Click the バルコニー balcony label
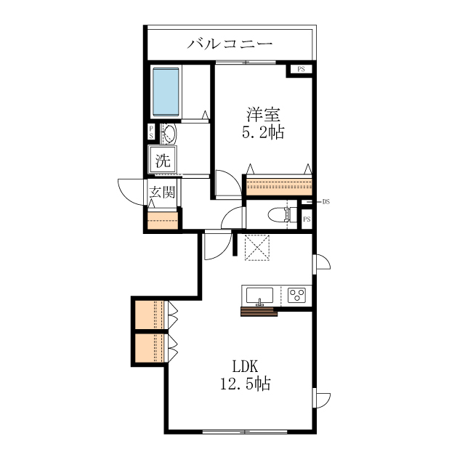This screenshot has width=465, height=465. tap(230, 44)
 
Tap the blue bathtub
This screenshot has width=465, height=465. tap(166, 92)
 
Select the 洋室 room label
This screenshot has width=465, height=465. tap(263, 115)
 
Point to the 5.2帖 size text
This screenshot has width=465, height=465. tap(263, 132)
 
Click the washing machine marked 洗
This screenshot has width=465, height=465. tap(163, 160)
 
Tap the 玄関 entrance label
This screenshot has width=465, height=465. tap(162, 192)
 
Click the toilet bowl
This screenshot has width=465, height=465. tap(279, 215)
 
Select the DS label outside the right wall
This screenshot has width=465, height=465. tap(326, 202)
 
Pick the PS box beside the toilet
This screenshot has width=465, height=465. tap(307, 219)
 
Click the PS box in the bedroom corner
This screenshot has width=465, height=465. tap(301, 70)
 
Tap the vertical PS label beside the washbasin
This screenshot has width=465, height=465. tap(151, 132)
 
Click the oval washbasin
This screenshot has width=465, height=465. tap(170, 134)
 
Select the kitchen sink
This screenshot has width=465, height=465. tap(260, 296)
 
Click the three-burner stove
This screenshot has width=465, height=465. tap(297, 296)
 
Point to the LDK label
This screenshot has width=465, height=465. tap(245, 366)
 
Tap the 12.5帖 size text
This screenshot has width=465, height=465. tap(245, 384)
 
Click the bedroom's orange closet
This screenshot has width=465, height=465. tap(279, 187)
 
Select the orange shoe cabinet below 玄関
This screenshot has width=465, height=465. tap(163, 220)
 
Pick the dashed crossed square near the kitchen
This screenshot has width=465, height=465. tap(257, 248)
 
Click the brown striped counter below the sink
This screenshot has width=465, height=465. tap(259, 312)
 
